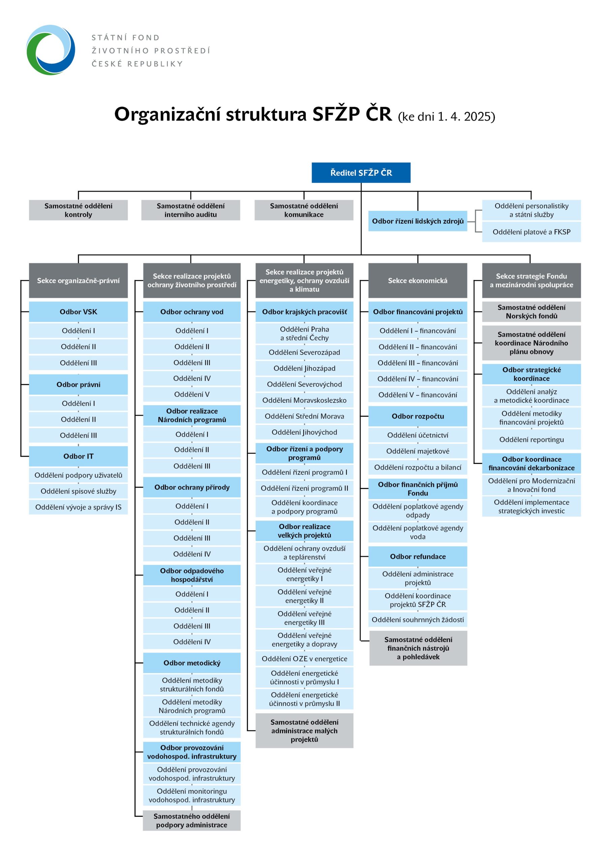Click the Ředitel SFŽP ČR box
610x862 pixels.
click(361, 173)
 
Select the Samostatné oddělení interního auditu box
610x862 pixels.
click(190, 210)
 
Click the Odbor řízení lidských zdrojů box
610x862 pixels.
click(418, 221)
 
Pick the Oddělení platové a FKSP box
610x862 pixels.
click(531, 232)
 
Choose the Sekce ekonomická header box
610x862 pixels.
click(418, 280)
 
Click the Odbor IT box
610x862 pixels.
click(78, 456)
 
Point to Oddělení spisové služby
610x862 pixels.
click(78, 491)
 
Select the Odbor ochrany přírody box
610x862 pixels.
click(192, 487)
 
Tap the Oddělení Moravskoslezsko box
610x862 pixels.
click(304, 400)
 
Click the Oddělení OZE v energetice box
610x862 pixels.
click(304, 659)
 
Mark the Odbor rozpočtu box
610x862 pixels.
click(418, 417)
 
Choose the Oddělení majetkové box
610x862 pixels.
click(418, 451)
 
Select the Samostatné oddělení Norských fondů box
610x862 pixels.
click(531, 311)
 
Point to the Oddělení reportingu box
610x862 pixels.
click(531, 440)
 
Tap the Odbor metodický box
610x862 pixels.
click(192, 663)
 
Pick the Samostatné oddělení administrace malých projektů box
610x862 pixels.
click(304, 731)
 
